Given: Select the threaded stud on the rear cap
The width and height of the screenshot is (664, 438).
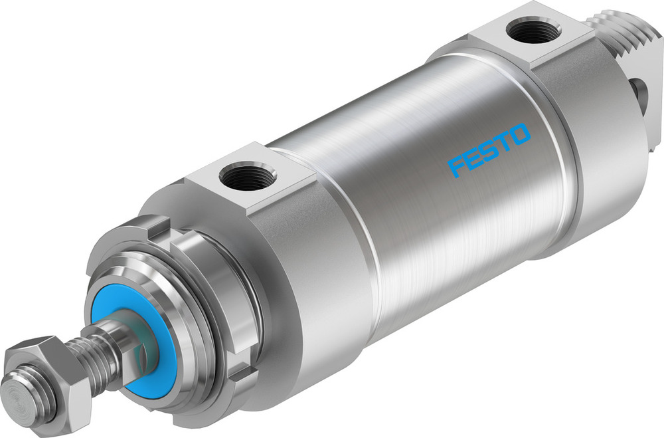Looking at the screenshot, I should click(x=628, y=40).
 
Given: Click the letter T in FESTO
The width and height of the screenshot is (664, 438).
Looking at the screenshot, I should click(x=504, y=142).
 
